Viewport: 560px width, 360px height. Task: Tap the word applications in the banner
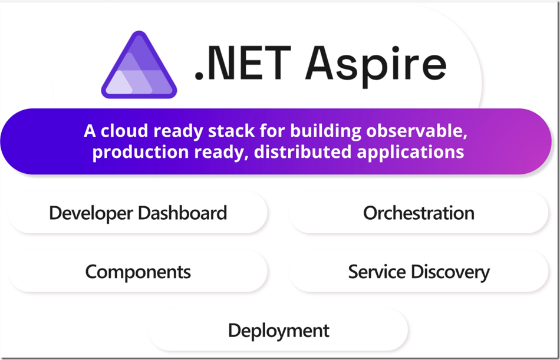(411, 152)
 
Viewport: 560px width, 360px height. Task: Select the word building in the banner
(331, 130)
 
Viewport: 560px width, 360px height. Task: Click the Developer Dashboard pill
(138, 213)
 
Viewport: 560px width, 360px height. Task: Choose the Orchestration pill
(419, 213)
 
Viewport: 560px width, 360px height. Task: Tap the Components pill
(138, 272)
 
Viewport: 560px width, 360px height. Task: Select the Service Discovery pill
(419, 272)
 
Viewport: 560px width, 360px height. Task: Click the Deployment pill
(278, 330)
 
